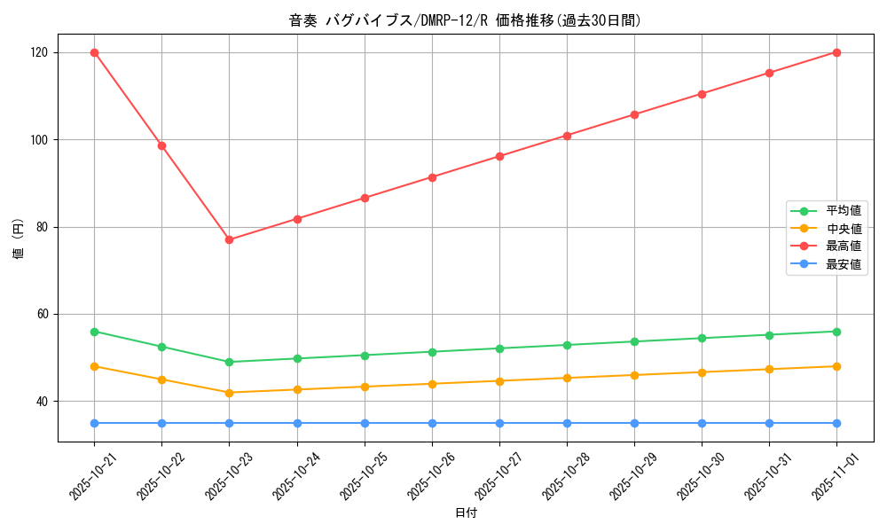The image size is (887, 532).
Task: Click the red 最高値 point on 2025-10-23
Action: click(229, 239)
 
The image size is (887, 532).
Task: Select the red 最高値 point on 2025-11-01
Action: click(836, 52)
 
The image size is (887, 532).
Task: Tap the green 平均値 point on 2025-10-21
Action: click(94, 332)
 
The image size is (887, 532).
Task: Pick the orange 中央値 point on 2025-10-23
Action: click(229, 393)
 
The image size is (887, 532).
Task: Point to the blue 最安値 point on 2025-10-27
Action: click(499, 423)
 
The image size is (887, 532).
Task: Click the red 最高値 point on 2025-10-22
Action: click(161, 145)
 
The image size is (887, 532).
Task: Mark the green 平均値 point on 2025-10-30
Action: click(702, 338)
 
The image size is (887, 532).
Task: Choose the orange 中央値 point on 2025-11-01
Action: click(836, 366)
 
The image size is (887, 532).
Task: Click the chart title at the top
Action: click(465, 20)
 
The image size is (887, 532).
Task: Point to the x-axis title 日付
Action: click(465, 513)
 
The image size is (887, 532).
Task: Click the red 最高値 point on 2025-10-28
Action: click(567, 136)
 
